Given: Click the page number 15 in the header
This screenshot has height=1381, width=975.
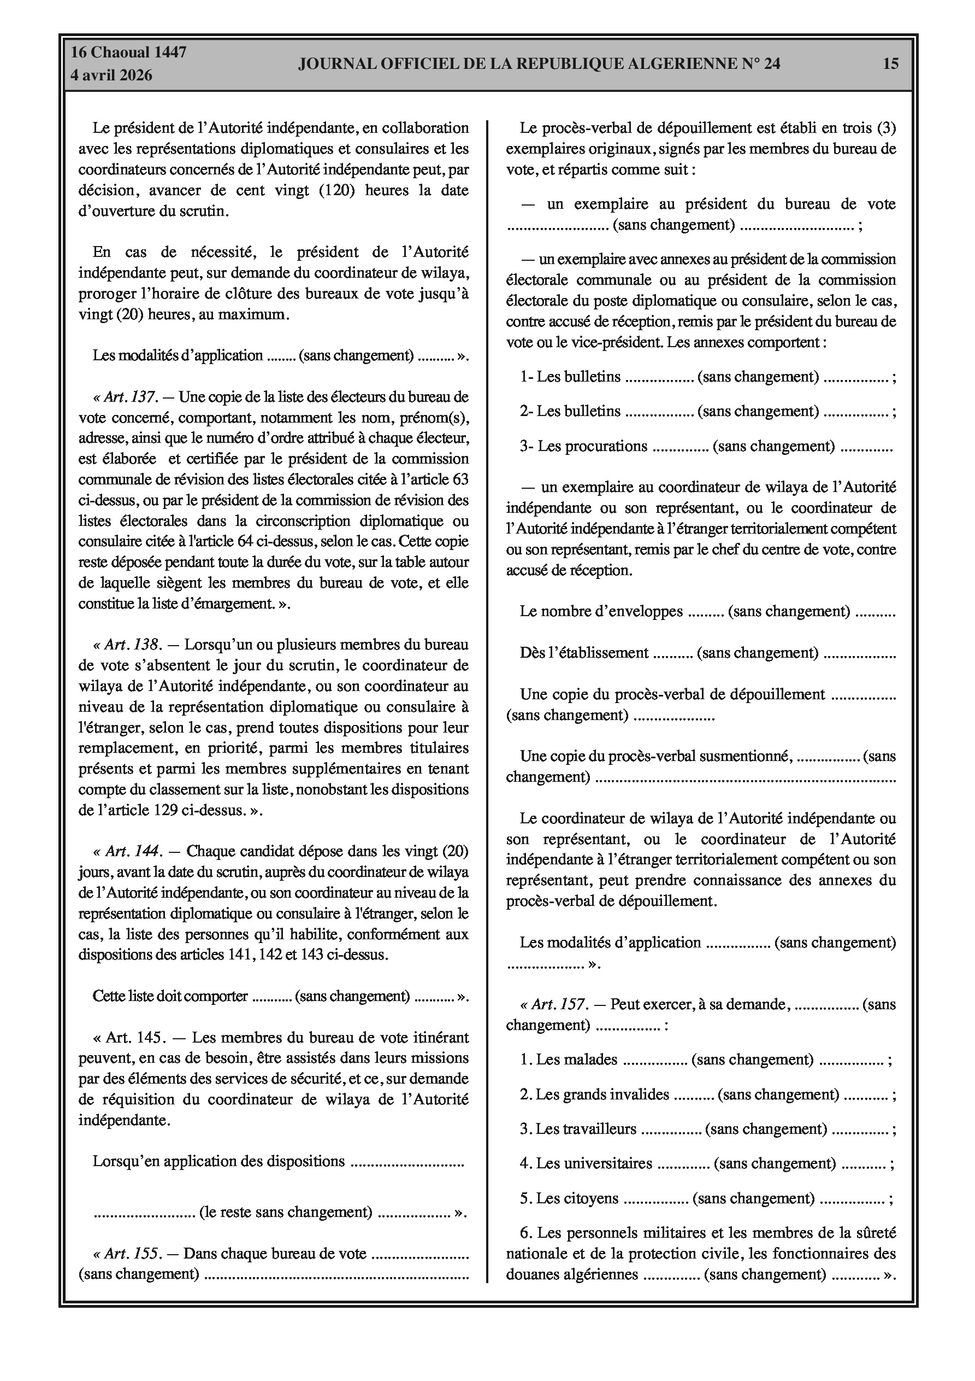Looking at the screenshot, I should click(890, 63).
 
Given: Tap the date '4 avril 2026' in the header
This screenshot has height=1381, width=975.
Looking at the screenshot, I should click(111, 75).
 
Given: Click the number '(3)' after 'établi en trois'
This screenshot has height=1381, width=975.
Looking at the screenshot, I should click(886, 128).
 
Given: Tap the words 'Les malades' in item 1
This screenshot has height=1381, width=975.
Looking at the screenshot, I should click(576, 1059).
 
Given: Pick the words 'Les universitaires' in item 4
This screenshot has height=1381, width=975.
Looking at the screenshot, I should click(594, 1163).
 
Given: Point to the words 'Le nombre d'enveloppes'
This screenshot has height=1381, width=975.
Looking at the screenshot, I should click(601, 612).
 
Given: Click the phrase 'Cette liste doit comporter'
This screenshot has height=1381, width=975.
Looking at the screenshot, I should click(170, 996).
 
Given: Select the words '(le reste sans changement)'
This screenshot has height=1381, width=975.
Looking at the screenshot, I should click(286, 1212).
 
